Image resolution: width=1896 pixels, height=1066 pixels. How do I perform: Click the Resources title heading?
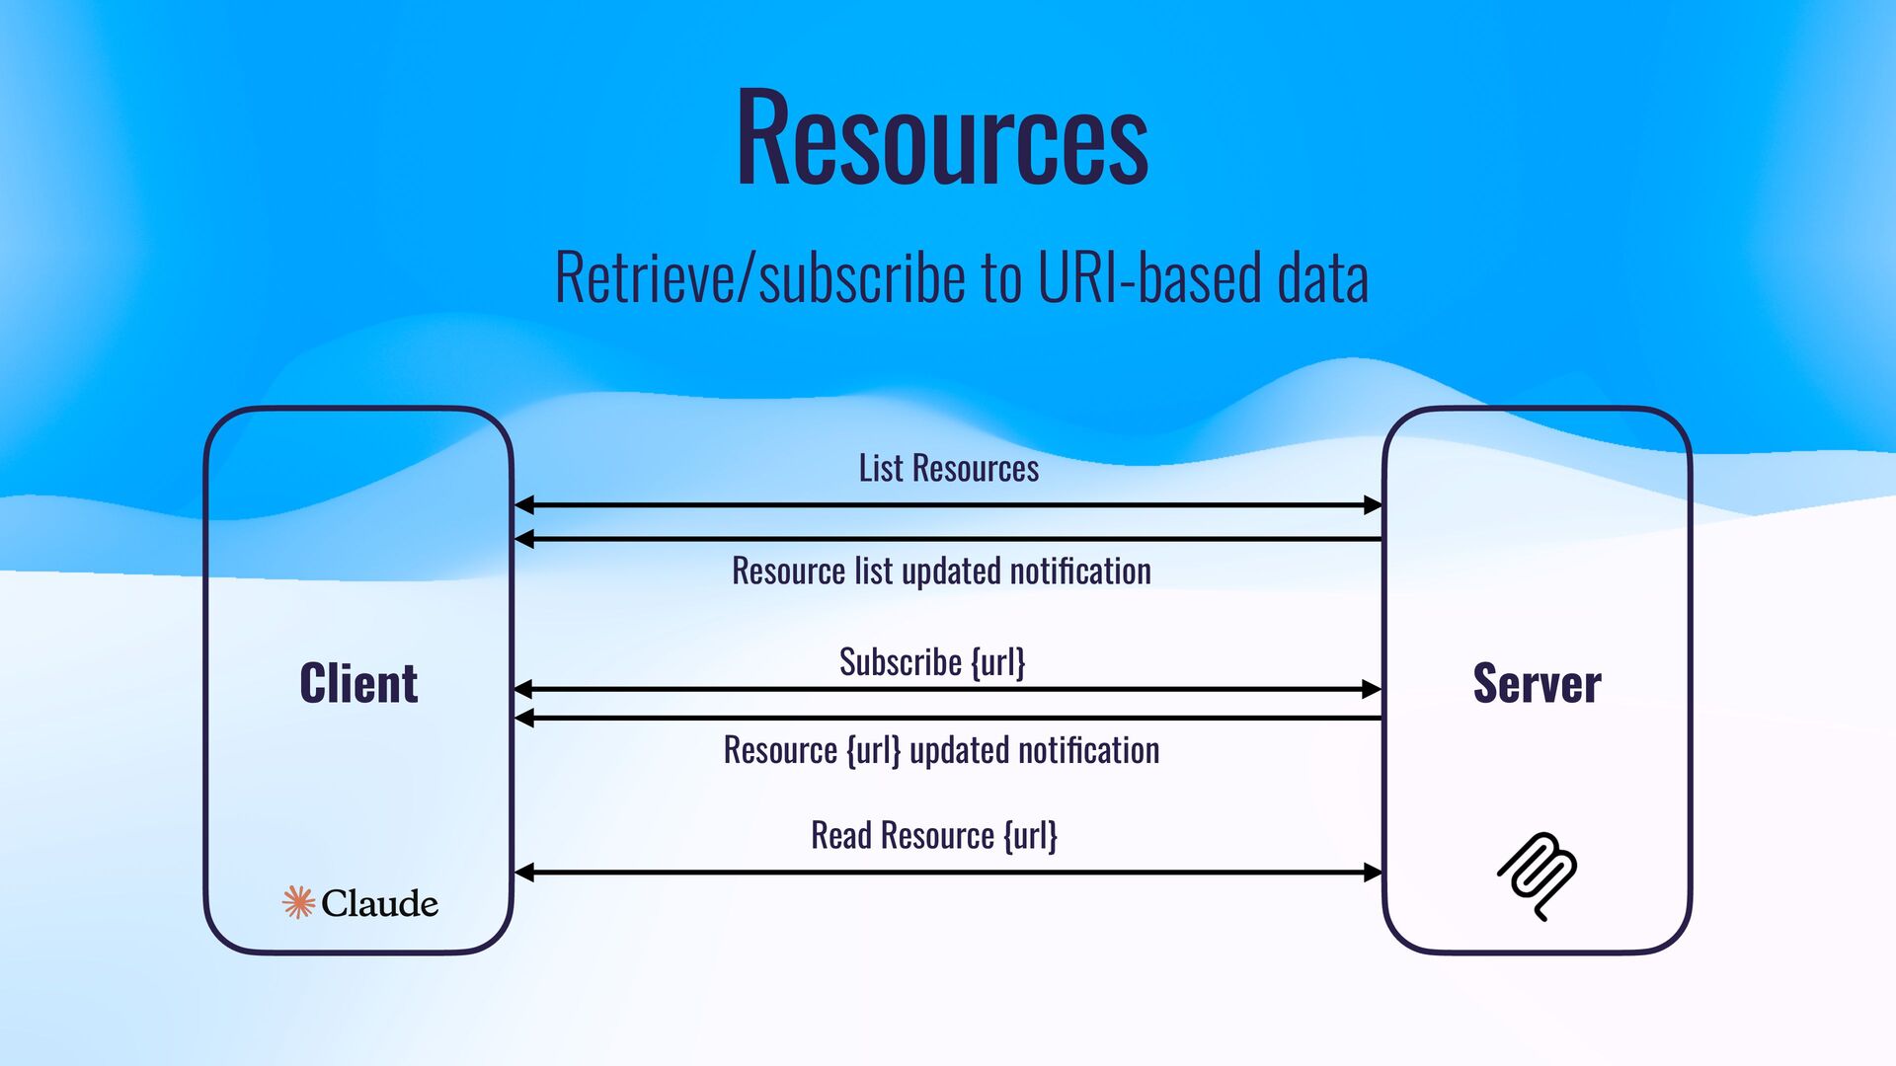[942, 138]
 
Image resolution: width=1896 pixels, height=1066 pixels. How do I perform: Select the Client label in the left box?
[358, 683]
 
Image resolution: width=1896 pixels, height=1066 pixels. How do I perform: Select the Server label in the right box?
[1537, 683]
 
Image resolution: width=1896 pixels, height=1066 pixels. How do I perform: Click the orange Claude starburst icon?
[298, 902]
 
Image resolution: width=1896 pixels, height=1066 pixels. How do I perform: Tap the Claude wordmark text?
[379, 903]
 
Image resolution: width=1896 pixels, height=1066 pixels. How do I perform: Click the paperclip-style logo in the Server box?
[1538, 876]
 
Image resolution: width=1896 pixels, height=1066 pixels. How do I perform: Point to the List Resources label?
[948, 469]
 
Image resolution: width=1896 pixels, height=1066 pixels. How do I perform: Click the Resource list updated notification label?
[941, 571]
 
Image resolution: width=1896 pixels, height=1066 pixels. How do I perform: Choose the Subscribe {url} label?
[932, 662]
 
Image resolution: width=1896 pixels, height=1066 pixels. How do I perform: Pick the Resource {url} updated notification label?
[941, 751]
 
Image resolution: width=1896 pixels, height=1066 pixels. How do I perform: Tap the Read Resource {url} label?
[933, 836]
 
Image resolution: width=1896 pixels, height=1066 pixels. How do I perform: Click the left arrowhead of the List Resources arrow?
[524, 505]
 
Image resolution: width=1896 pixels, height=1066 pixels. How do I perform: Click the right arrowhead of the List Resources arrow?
[1373, 505]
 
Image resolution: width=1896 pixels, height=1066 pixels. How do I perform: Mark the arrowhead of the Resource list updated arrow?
[524, 539]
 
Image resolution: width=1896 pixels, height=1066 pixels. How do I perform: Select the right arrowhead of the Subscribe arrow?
[1373, 689]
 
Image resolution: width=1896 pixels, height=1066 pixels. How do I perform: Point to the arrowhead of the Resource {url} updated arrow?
[524, 718]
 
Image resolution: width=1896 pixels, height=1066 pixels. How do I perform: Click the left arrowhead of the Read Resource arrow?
[524, 873]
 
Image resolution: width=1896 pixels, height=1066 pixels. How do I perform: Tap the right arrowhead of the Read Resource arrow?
[1373, 873]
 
